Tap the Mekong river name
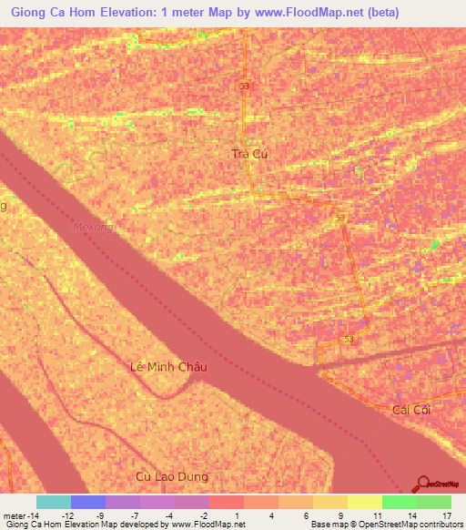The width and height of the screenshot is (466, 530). pyautogui.click(x=93, y=227)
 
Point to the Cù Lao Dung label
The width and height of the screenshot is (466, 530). pyautogui.click(x=171, y=476)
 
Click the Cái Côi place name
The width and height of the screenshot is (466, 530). pyautogui.click(x=410, y=410)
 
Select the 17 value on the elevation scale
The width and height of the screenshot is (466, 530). pyautogui.click(x=433, y=515)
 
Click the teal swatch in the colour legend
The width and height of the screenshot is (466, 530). pyautogui.click(x=54, y=502)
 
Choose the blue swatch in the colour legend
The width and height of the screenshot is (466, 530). pyautogui.click(x=88, y=502)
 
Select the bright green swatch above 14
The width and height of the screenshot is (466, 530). pyautogui.click(x=400, y=502)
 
